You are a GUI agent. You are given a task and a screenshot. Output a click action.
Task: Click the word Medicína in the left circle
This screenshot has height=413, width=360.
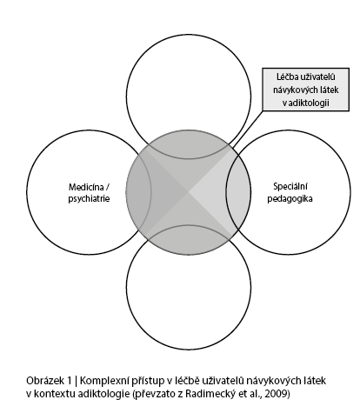86,187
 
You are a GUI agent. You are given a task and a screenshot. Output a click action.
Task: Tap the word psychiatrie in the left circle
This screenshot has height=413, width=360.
89,199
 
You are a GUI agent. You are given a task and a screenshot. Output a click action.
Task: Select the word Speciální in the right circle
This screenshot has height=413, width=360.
290,187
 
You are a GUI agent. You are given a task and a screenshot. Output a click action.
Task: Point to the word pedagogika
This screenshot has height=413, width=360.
290,199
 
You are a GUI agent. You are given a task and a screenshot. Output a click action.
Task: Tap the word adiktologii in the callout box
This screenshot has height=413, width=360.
309,103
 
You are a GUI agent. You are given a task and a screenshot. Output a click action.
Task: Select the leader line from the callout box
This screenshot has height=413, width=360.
248,128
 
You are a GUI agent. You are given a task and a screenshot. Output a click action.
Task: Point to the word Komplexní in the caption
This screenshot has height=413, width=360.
103,381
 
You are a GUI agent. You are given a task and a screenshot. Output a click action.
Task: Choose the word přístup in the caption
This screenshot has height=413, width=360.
146,381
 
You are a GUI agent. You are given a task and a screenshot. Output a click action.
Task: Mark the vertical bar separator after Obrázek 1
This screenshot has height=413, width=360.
76,381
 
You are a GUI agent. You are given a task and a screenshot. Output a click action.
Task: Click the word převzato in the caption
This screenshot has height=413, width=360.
154,394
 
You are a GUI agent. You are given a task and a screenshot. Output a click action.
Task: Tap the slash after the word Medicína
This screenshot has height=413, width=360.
107,187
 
